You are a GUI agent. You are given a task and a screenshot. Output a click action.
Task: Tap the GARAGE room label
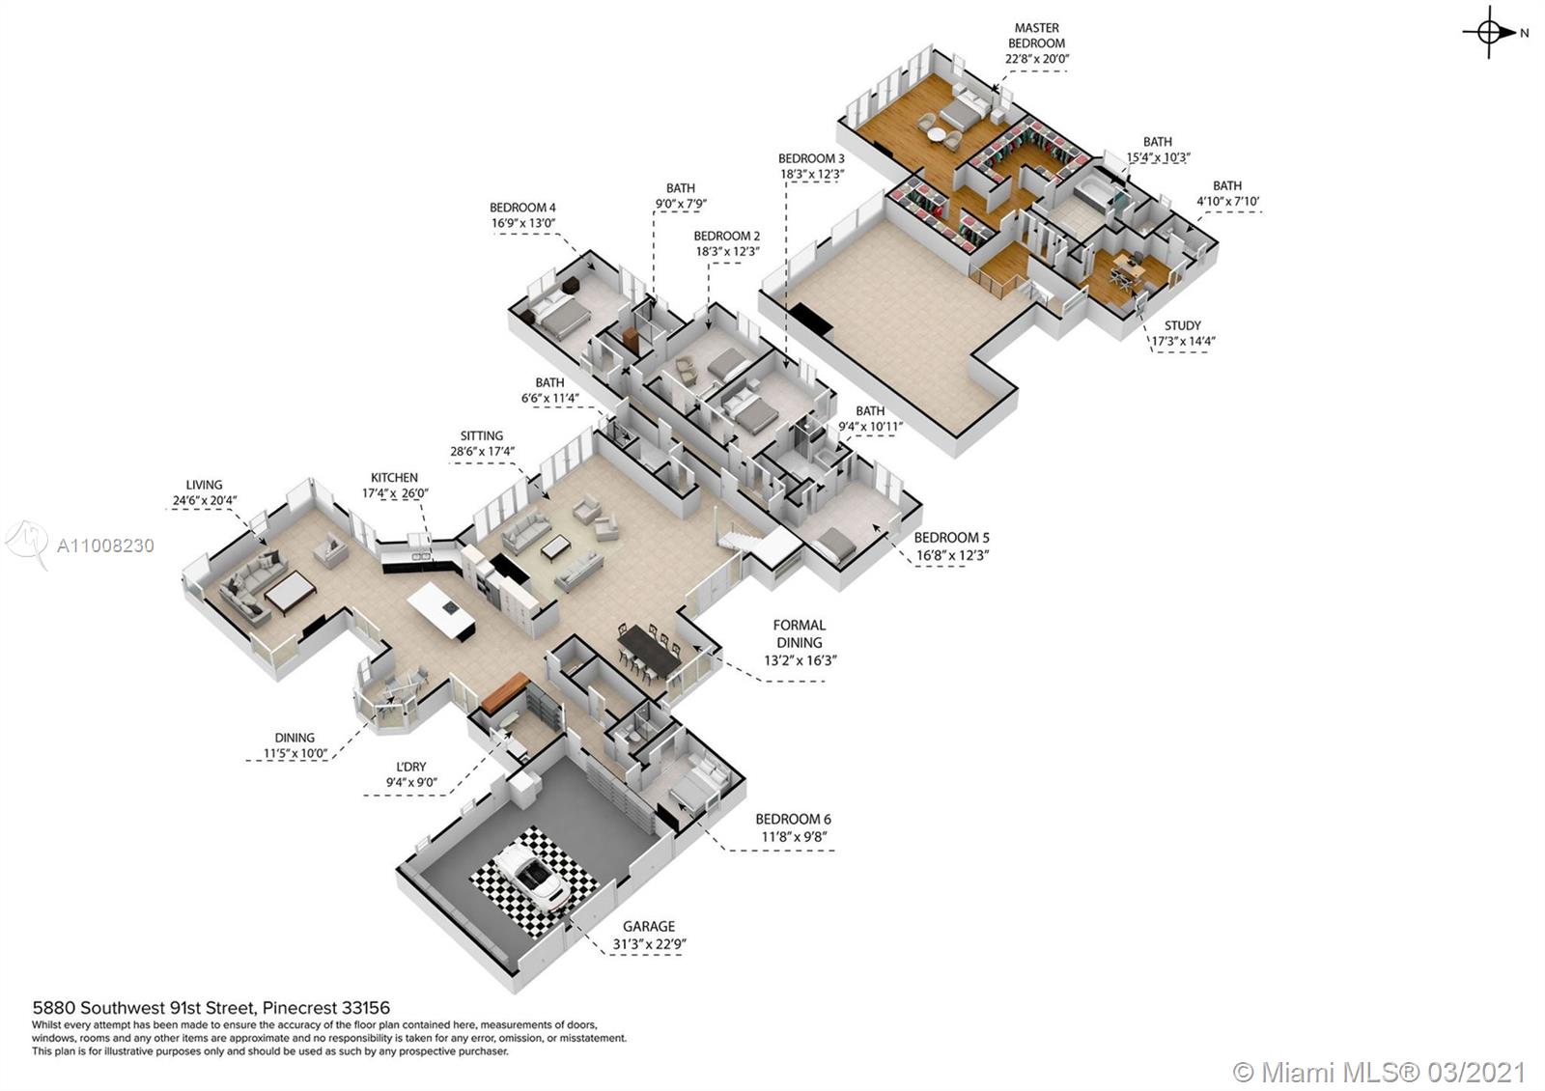(648, 926)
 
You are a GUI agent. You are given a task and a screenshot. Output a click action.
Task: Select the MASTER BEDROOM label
(1037, 35)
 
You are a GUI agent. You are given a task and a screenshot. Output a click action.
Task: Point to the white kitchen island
(441, 610)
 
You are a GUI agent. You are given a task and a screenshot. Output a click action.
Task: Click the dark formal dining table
(648, 652)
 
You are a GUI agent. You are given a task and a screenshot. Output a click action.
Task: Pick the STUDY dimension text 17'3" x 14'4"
(1183, 341)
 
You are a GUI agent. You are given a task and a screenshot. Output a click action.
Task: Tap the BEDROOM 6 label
(793, 820)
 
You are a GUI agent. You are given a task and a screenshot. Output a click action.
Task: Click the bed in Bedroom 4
(560, 315)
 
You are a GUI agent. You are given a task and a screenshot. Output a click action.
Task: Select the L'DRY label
(411, 767)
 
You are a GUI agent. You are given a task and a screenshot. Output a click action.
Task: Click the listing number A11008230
(105, 545)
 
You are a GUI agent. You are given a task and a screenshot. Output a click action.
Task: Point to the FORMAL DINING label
(800, 633)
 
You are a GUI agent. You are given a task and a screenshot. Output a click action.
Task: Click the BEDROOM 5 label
(952, 537)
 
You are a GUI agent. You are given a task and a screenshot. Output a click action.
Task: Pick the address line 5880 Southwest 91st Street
(211, 1008)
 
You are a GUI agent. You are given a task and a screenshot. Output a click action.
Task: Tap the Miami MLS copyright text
(1379, 1072)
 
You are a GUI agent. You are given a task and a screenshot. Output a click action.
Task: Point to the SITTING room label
(482, 435)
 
